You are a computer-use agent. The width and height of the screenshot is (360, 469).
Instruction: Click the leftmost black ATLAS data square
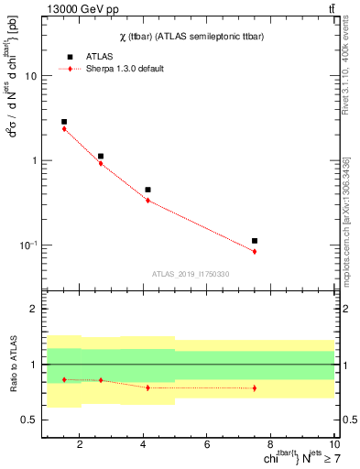[64, 122]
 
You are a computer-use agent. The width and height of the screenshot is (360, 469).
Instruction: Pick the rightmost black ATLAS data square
[255, 241]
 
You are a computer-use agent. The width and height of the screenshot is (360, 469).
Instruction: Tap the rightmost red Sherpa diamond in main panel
[255, 251]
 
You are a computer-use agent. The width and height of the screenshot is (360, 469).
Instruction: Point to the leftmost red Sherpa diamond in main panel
[64, 129]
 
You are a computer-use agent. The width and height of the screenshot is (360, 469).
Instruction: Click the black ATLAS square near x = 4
[147, 190]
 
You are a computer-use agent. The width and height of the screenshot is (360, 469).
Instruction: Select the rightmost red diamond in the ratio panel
[255, 387]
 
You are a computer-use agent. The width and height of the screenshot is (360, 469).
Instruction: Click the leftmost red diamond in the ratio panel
[64, 379]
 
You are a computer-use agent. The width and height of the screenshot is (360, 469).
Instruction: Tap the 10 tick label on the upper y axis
[30, 77]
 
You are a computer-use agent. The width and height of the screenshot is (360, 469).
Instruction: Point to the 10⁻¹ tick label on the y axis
[27, 245]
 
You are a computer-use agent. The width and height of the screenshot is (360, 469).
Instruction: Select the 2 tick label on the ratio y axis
[34, 310]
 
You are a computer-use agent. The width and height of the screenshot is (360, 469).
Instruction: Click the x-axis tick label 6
[208, 445]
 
